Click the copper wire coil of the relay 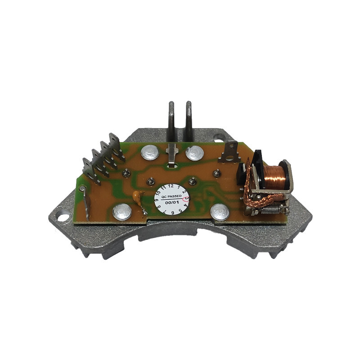click(x=273, y=176)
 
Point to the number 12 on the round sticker click(x=171, y=186)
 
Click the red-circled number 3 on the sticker click(x=186, y=198)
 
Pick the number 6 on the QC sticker click(x=172, y=212)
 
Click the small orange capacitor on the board click(x=137, y=196)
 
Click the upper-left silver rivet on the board click(x=150, y=153)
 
